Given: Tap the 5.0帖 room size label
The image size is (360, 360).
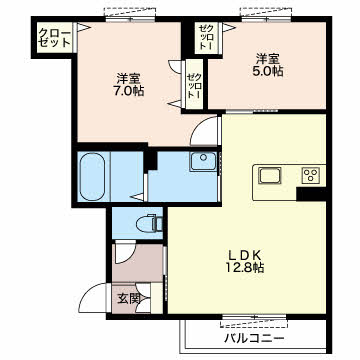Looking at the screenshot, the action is coord(269,65).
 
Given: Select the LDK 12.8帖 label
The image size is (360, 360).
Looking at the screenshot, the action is coord(246,261).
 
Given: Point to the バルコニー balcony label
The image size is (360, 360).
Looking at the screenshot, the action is coord(254,339).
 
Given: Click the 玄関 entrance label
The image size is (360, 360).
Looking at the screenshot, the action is coord(128,299).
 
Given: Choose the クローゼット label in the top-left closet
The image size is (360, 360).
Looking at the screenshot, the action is coord(54,38).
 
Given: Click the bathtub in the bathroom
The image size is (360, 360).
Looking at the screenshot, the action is coord(93,176).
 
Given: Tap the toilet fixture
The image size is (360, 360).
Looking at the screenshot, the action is coord(149,223).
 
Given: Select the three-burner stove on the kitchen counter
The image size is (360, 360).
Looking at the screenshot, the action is coord(311,175).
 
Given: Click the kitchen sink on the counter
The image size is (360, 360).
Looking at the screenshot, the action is coord(270,175).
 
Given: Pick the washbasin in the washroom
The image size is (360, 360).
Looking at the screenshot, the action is coord(203,162).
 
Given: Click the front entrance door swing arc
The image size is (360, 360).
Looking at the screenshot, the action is coord(91,298).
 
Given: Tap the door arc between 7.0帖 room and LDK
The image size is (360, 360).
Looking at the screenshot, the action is coord(204,131).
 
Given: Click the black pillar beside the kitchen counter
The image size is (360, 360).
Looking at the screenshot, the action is coord(311,194).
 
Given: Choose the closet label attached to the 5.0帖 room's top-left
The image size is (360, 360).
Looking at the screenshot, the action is coord(204,37).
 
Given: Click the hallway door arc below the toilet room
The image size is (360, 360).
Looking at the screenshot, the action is coord(125,253).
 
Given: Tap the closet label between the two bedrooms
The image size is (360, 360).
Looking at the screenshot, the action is coord(194,84).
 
